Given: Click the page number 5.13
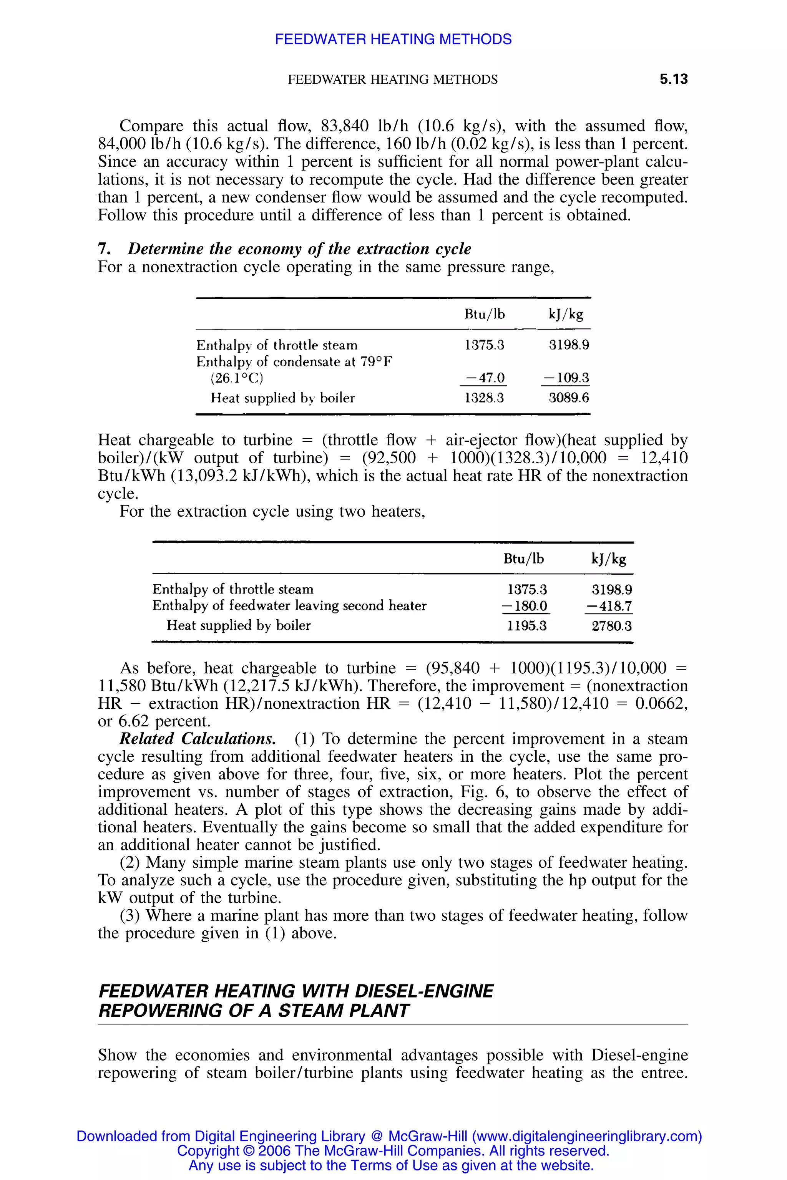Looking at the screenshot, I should [674, 79].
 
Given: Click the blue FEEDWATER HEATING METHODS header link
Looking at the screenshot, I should [393, 39].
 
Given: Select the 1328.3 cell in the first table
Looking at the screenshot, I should [484, 398].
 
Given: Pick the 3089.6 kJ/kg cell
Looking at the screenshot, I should [569, 398].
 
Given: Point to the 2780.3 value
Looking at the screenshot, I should [611, 626].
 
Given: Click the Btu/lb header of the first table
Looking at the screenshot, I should [484, 315].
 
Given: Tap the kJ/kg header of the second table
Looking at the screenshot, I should [609, 559].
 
